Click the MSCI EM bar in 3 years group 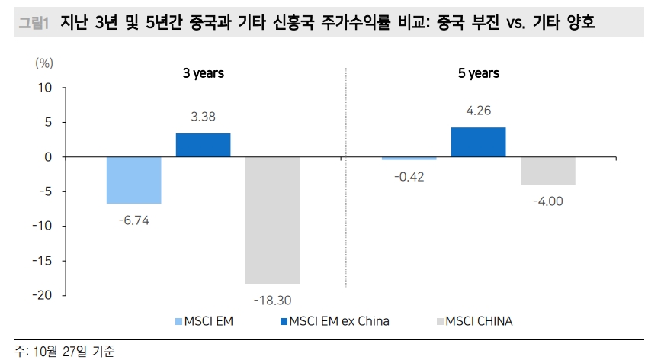tap(133, 180)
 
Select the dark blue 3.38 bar tap(203, 145)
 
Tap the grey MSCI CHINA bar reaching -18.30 tap(272, 220)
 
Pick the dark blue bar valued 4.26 tap(478, 142)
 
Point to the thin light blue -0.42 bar tap(409, 159)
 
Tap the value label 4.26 tap(478, 111)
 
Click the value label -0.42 tap(409, 177)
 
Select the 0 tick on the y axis tap(48, 157)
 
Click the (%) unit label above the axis tap(43, 63)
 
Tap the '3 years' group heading tap(203, 73)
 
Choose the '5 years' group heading tap(478, 73)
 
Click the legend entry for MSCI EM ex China tap(333, 321)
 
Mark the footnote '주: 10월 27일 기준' tap(65, 351)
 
